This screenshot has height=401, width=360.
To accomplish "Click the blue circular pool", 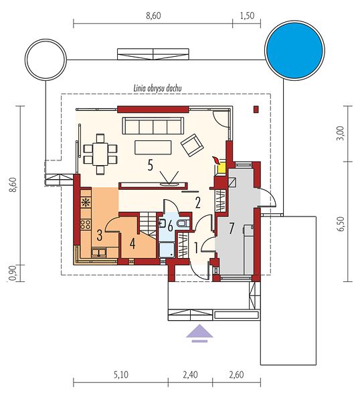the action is pos(294,50).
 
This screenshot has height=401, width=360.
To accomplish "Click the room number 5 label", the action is pos(151,165).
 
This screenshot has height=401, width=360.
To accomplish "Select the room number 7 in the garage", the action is pos(232,229).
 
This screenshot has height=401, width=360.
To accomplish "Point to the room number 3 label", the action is pos(100,235).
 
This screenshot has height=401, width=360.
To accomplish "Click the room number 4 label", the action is pos(132,244).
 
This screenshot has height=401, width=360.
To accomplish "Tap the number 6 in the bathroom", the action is pos(170,226).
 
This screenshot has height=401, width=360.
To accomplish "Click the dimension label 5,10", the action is pos(121,375).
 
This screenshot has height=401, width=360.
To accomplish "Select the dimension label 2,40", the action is pos(190,375).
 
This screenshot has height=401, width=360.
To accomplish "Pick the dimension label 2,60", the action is pos(236,375).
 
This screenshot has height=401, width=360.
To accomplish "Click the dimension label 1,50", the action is pos(248,16).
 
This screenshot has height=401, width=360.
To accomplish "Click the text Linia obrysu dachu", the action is pos(158,88).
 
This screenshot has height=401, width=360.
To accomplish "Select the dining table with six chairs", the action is pos(100,154).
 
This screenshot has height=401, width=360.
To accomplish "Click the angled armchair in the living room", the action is pos(192,145).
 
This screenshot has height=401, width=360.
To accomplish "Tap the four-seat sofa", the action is pos(153,126).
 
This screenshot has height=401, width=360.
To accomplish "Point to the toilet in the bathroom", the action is pos(184,224).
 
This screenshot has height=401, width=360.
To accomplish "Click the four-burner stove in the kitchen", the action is pos(86,225).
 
